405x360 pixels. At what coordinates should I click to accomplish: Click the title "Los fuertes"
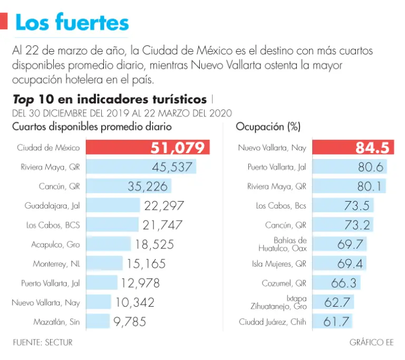[72, 23]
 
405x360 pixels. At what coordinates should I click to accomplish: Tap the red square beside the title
[4, 22]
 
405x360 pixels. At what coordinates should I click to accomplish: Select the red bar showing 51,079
[148, 148]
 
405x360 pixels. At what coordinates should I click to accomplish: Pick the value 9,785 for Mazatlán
[129, 321]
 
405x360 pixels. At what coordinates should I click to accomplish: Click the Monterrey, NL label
[56, 263]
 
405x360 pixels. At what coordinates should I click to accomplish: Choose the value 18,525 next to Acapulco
[154, 244]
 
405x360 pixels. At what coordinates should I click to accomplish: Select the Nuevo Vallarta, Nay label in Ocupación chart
[272, 148]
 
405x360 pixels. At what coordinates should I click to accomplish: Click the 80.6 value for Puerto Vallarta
[369, 167]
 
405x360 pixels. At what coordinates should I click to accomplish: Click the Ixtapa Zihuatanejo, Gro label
[279, 302]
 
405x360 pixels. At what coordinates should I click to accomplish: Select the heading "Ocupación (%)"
[268, 127]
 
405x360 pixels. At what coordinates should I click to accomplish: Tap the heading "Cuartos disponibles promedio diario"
[92, 127]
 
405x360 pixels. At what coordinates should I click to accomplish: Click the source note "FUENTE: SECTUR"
[43, 343]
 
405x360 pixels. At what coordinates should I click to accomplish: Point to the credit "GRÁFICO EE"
[371, 343]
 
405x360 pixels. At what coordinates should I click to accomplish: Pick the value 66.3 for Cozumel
[344, 283]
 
